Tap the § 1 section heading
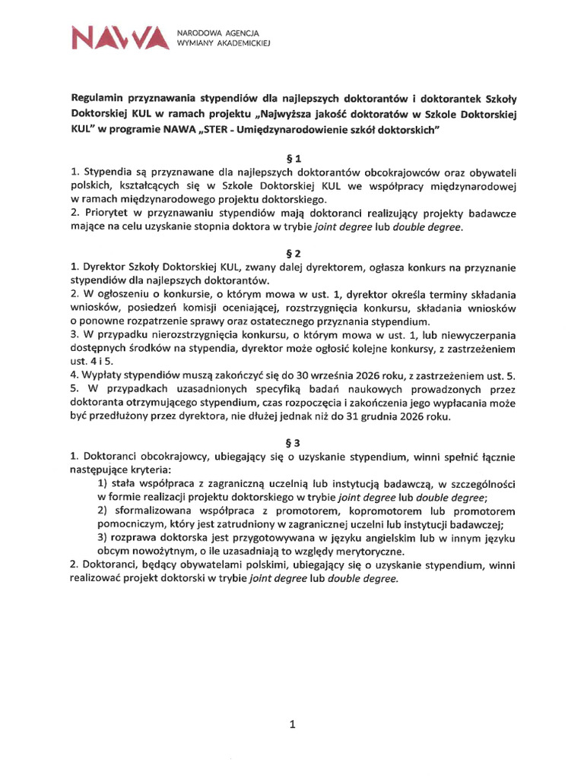292,159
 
